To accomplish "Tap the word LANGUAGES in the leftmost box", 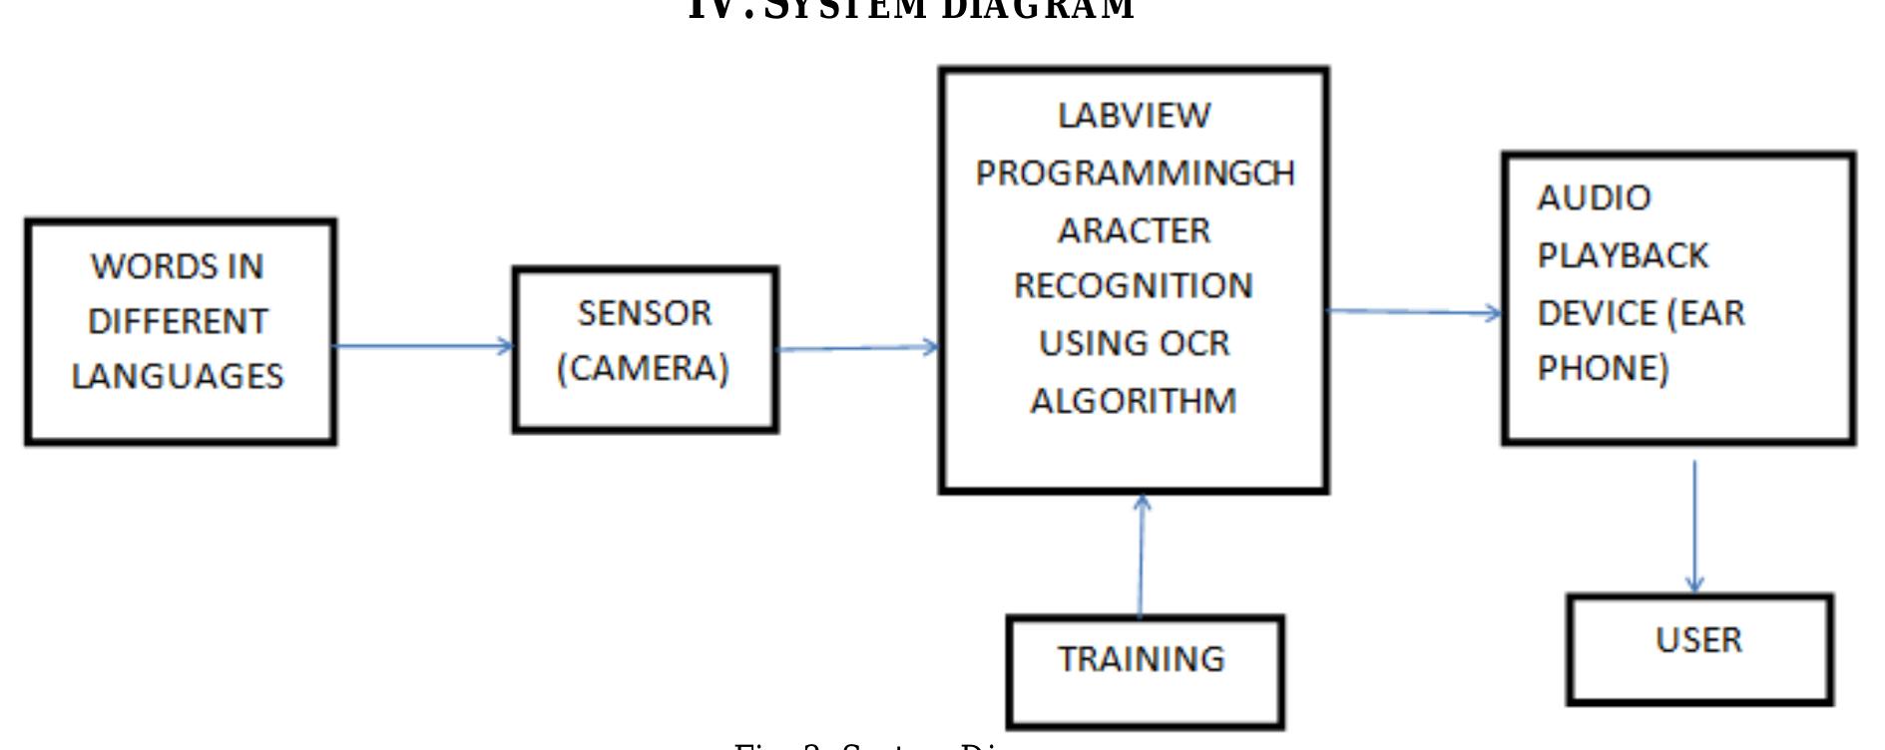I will [178, 376].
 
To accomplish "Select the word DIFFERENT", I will [178, 321].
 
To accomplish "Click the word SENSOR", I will [645, 313].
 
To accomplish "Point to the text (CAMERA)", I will [644, 368].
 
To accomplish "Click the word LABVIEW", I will [1134, 116].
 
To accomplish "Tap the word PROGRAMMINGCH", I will [1135, 174].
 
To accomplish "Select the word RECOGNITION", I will [1134, 286].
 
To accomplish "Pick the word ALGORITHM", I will [1134, 401].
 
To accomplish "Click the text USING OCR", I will [1134, 343].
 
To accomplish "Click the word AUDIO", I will [1594, 197].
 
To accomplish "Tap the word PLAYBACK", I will [1623, 255].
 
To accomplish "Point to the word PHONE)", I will [1603, 368].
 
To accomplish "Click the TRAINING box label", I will [1142, 659].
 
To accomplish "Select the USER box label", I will [1698, 639].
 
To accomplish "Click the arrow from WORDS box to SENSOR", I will [424, 346].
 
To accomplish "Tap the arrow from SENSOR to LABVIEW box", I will [858, 348].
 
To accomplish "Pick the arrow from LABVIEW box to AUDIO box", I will [1415, 312].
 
